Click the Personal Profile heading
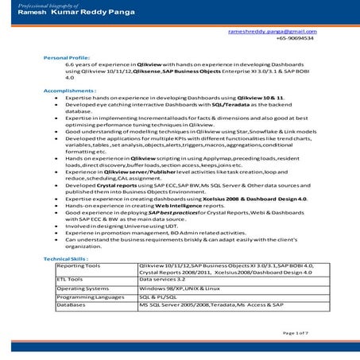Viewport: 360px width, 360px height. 67,59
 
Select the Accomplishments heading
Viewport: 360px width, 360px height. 69,91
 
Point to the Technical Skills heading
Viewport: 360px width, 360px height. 67,260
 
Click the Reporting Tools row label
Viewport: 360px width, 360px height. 79,265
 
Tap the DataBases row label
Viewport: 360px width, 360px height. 71,304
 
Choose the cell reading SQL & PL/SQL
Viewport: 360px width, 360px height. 159,296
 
